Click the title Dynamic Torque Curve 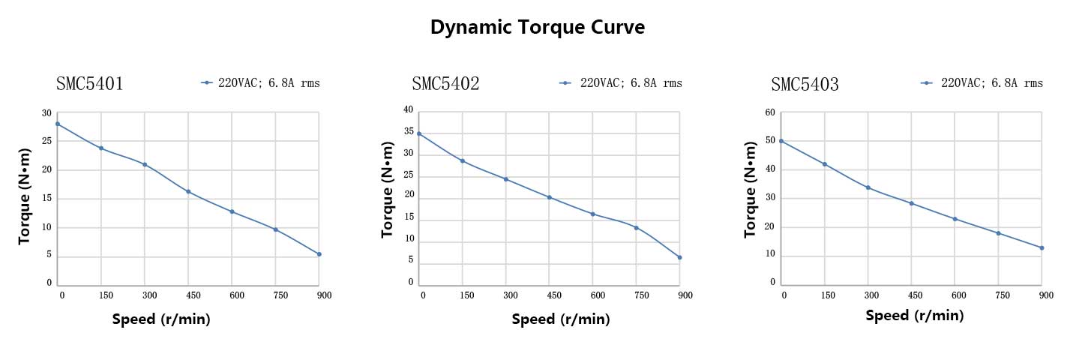[538, 28]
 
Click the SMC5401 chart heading [90, 83]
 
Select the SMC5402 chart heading [445, 83]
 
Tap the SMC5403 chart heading [805, 85]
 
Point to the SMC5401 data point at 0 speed [58, 124]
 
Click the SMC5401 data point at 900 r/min [319, 254]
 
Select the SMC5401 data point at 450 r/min [188, 191]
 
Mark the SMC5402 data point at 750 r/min [636, 227]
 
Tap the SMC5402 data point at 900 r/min [679, 257]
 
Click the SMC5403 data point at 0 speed [781, 141]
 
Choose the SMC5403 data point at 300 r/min [868, 187]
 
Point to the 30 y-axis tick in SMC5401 [46, 113]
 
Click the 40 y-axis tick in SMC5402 [409, 109]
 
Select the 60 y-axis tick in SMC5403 [770, 112]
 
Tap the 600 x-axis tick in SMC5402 [598, 295]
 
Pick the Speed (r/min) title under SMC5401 [161, 319]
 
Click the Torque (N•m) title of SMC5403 [750, 199]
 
